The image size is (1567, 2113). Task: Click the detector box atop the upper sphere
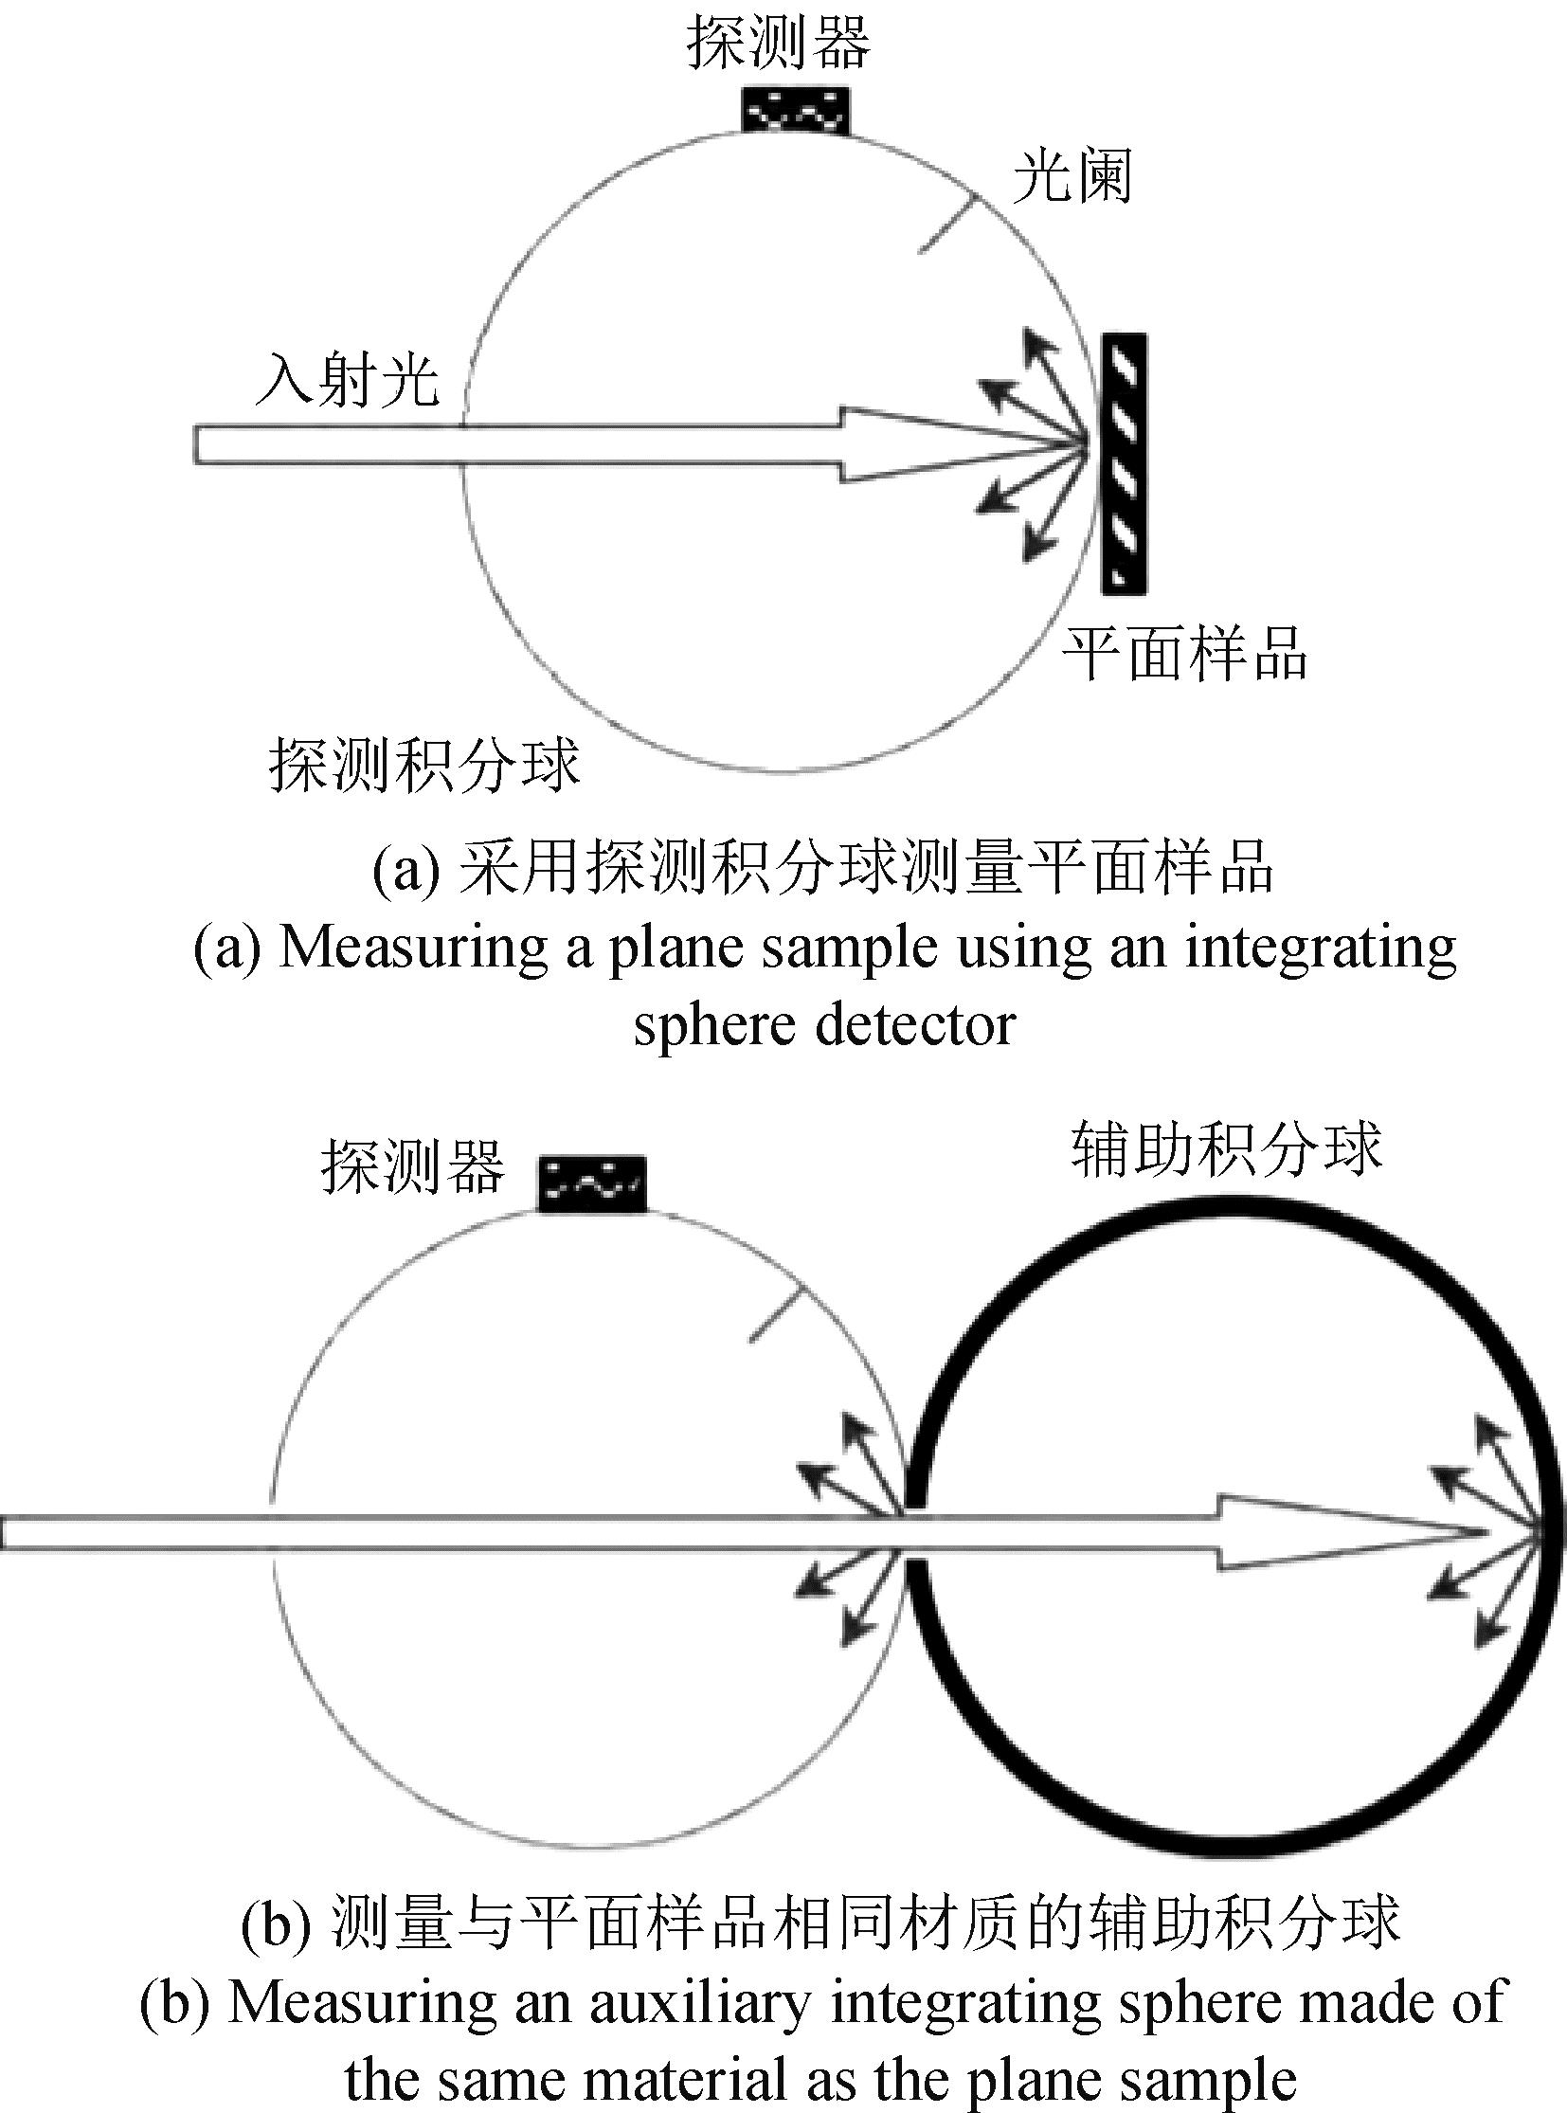(795, 110)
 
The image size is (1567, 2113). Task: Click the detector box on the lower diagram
(592, 1183)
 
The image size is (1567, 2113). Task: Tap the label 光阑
(1072, 176)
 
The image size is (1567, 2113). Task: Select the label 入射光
(348, 380)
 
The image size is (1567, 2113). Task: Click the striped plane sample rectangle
(1124, 464)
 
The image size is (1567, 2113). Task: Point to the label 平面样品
(1184, 654)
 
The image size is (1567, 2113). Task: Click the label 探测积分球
(423, 764)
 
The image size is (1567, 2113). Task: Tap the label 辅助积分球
(1226, 1148)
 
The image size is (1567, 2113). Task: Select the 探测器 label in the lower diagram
(413, 1166)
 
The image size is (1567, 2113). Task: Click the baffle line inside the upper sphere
(947, 224)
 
